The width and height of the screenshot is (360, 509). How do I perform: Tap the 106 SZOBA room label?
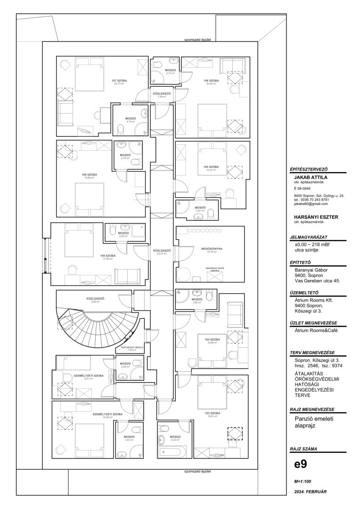coord(211,81)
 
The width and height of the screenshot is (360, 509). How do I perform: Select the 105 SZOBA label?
coord(211,167)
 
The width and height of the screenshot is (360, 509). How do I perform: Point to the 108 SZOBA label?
coord(89,174)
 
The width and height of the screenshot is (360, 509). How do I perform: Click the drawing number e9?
coord(300,464)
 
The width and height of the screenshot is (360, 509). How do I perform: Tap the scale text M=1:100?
coord(303,482)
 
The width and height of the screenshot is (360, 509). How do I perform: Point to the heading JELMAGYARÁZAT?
coord(309,238)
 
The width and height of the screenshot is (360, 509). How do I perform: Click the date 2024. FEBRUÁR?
coord(310,492)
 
